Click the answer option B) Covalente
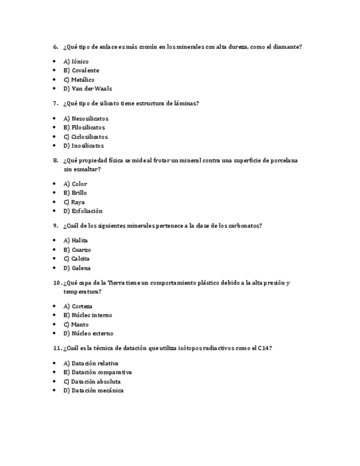pyautogui.click(x=81, y=70)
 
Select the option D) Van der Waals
pyautogui.click(x=88, y=88)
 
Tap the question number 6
pyautogui.click(x=56, y=47)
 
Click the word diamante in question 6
pyautogui.click(x=286, y=47)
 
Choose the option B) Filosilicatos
pyautogui.click(x=84, y=127)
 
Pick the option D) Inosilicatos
pyautogui.click(x=84, y=146)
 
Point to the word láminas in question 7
pyautogui.click(x=185, y=103)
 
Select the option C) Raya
pyautogui.click(x=74, y=202)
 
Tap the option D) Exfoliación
pyautogui.click(x=83, y=211)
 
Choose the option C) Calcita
pyautogui.click(x=76, y=259)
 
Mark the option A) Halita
pyautogui.click(x=76, y=240)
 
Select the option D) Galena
pyautogui.click(x=77, y=268)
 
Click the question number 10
pyautogui.click(x=57, y=283)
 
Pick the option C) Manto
pyautogui.click(x=76, y=325)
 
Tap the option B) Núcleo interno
pyautogui.click(x=88, y=315)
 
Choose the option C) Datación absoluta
pyautogui.click(x=92, y=381)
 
